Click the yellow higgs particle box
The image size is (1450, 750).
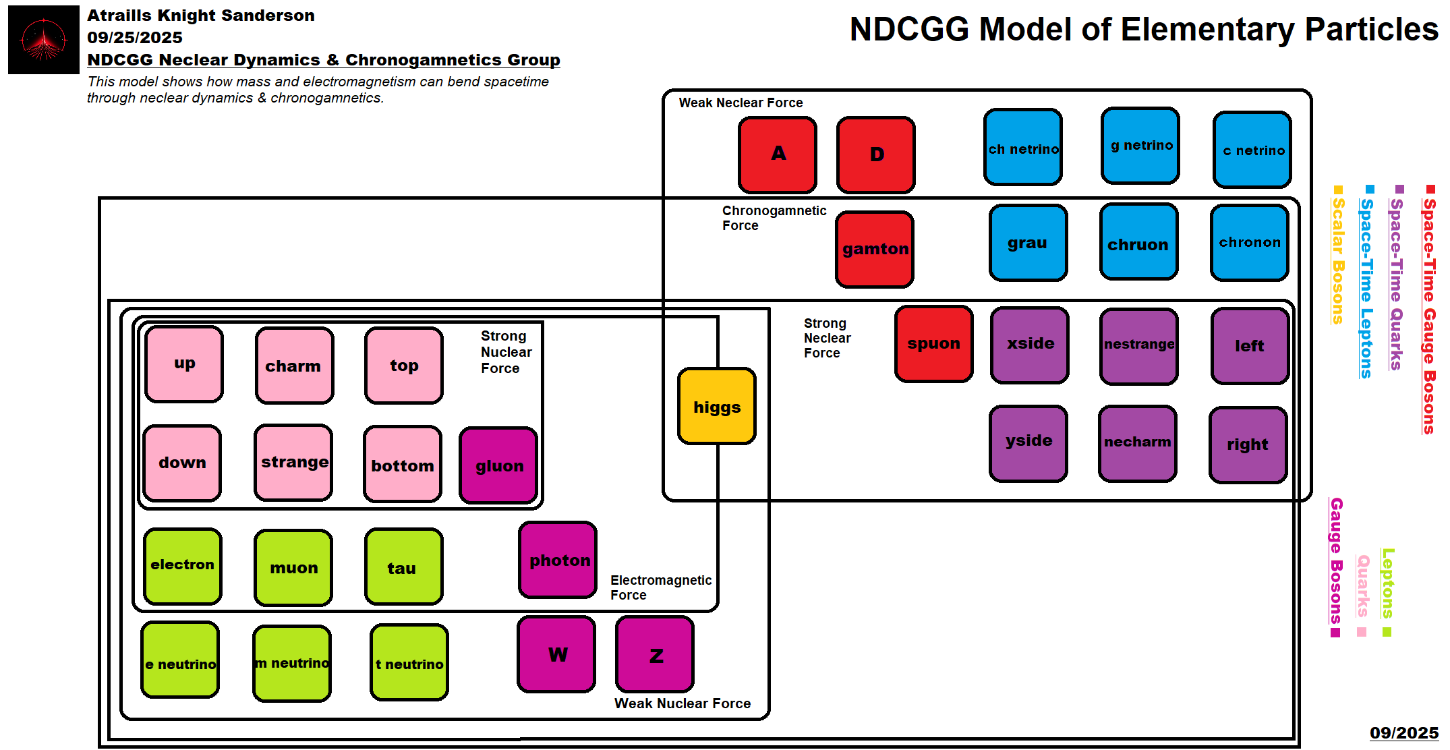coord(716,406)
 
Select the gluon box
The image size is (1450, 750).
coord(498,465)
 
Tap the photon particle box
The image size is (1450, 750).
coord(558,560)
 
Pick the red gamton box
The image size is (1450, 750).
coord(875,249)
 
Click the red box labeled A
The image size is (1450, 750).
coord(778,154)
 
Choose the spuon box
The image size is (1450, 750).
coord(933,344)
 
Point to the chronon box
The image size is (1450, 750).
coord(1249,243)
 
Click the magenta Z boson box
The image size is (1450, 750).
coord(655,654)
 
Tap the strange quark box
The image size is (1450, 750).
coord(293,463)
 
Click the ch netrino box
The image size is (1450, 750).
coord(1022,148)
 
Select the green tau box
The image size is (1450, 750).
coord(403,567)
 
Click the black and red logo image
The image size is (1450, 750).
coord(44,40)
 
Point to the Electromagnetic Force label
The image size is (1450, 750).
coord(660,587)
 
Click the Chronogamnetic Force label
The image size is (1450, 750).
coord(774,218)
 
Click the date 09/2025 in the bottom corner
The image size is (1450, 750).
coord(1403,733)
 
